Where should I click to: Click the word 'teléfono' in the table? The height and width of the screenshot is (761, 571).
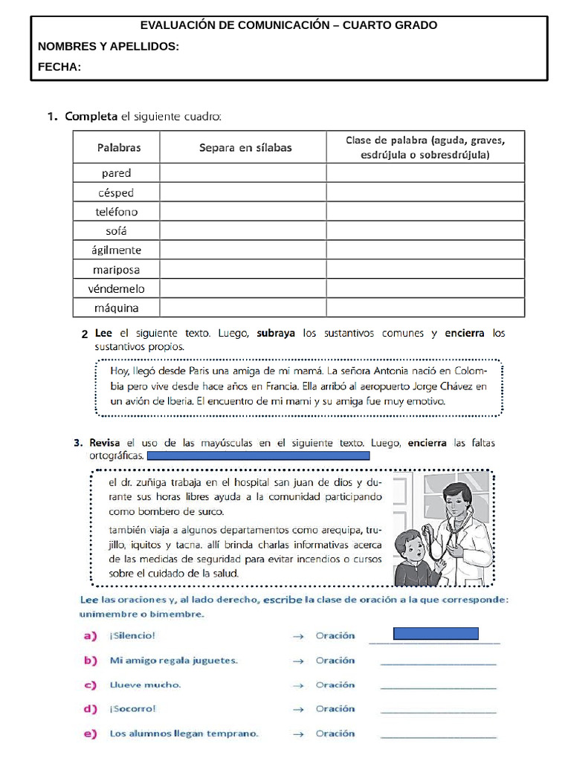coord(116,212)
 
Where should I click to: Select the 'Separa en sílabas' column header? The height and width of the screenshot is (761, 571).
coord(245,147)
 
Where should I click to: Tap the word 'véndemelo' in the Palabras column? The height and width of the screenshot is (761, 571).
coord(116,288)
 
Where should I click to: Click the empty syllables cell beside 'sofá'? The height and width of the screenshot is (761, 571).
coord(242,230)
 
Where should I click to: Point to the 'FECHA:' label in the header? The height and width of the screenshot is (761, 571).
coord(59,68)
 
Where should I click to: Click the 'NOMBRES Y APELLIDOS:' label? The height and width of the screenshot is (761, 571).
coord(109,47)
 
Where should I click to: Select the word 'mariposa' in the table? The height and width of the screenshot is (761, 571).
coord(116,269)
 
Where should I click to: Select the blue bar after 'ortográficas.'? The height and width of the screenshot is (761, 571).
coord(258,456)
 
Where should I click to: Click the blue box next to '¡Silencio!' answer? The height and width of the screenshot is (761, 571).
coord(435,634)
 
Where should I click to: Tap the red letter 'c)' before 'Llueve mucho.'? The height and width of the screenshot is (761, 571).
coord(90,684)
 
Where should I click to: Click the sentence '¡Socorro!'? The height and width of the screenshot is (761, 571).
coord(133,709)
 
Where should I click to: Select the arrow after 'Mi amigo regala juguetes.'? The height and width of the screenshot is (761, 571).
coord(299,660)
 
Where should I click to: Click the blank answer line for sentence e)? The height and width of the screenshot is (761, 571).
coord(438,736)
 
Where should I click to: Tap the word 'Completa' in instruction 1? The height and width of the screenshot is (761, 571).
coord(91,116)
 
